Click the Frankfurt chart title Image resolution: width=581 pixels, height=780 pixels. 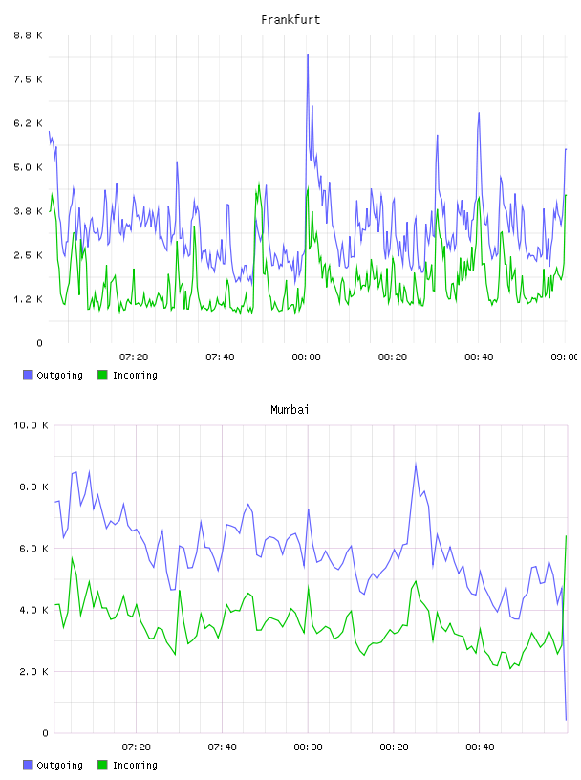pos(290,19)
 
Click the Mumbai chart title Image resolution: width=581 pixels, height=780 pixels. pos(290,409)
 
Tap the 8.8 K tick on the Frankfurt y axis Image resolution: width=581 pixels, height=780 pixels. pos(28,35)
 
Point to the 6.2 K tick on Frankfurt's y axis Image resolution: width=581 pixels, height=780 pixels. pos(28,123)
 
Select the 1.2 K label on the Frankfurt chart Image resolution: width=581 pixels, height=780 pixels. pos(28,299)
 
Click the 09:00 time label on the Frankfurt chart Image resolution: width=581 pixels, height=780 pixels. pos(565,357)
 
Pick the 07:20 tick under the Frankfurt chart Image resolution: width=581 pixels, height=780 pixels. pos(134,357)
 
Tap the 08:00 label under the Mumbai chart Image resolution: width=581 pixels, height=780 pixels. pos(308,747)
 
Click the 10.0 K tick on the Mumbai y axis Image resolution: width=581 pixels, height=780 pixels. pos(31,425)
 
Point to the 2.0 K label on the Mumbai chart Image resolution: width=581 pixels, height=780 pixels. pos(33,671)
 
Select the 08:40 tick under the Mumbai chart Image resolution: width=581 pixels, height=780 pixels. pos(480,747)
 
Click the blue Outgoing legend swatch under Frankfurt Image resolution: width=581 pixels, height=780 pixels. pos(28,375)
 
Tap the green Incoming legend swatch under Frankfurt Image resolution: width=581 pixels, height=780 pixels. pos(102,375)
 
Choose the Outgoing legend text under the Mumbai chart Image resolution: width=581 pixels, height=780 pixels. pos(59,765)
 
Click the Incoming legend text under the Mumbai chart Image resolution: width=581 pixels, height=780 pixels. pos(135,765)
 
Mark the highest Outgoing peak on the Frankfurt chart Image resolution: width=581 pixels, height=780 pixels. pos(308,55)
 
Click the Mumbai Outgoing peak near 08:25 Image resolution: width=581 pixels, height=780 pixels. pos(416,465)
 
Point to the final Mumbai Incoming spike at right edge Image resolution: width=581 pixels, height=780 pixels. pos(566,536)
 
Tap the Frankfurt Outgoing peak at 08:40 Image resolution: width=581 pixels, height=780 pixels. pos(479,113)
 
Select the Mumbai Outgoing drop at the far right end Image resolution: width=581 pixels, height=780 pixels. pos(566,720)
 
